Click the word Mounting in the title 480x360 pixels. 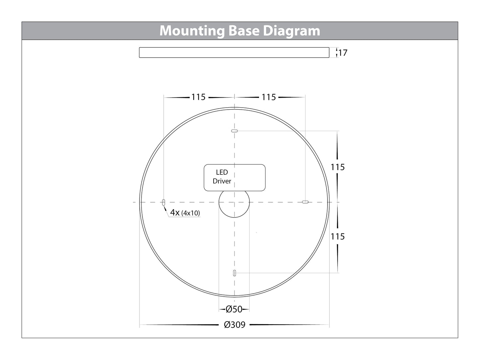point(192,31)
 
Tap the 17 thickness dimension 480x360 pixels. point(342,53)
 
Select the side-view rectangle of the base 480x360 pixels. point(234,52)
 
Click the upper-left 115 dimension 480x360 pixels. point(198,97)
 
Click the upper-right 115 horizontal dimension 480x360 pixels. point(269,97)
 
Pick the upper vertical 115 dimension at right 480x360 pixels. point(337,167)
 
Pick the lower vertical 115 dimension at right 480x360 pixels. point(337,236)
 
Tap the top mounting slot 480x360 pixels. point(235,131)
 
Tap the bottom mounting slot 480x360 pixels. point(235,273)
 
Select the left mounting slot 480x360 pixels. point(163,202)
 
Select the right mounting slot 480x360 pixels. point(305,202)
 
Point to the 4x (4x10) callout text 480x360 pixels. point(185,213)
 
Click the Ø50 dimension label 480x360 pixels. point(234,310)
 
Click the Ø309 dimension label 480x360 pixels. point(235,325)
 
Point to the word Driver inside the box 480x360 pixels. point(222,181)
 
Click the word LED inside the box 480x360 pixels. point(222,172)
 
